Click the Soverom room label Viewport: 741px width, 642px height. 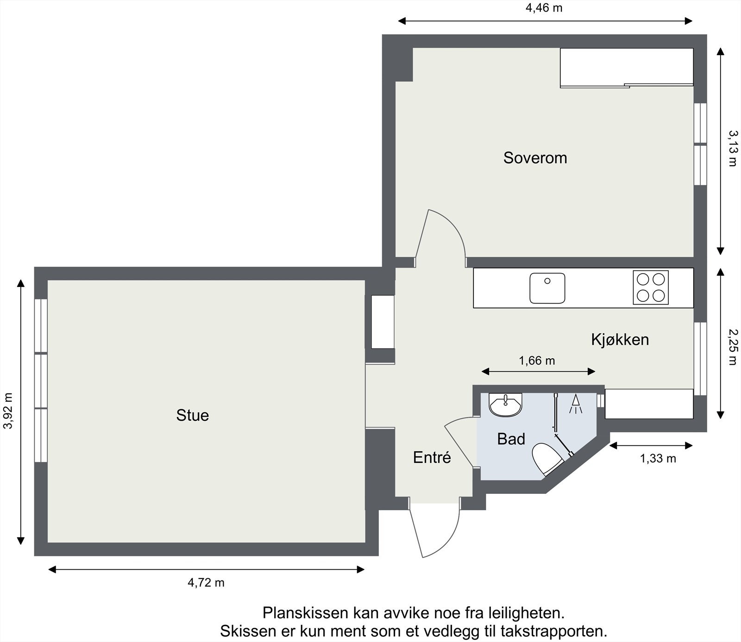(x=535, y=158)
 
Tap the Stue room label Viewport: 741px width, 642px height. (x=192, y=415)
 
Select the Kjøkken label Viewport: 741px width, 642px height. (x=620, y=340)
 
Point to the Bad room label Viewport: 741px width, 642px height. (x=511, y=439)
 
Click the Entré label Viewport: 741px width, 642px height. (x=432, y=458)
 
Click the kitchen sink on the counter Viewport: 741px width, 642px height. (x=547, y=288)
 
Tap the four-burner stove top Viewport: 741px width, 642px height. (x=651, y=287)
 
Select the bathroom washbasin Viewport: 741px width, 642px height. (x=506, y=405)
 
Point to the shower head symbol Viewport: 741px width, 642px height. (x=575, y=404)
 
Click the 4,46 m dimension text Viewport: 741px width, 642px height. (x=544, y=8)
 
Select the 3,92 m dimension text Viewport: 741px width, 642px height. (x=8, y=411)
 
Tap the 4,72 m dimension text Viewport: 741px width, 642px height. (x=206, y=583)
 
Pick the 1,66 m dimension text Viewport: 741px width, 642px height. (x=537, y=361)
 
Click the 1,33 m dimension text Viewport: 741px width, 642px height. (x=658, y=459)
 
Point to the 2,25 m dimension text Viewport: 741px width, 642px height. (x=732, y=347)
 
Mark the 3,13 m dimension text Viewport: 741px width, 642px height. (x=732, y=148)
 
